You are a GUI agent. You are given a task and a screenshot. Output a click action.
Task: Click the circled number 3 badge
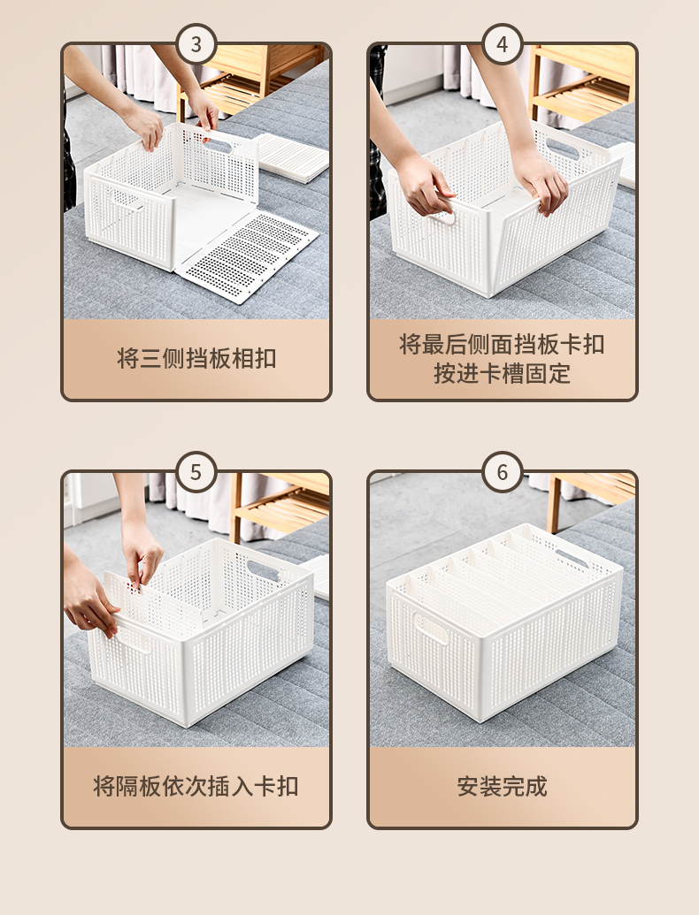point(196,44)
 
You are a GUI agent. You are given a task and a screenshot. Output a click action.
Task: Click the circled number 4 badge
point(503,44)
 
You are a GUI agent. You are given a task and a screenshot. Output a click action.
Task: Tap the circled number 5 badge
point(196,472)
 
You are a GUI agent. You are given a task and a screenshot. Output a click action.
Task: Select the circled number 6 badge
point(503,472)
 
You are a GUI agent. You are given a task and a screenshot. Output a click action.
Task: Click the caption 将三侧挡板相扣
point(196,358)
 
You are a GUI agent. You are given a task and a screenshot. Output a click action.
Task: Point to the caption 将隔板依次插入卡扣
point(196,786)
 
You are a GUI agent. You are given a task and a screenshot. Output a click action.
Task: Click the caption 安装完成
point(503,786)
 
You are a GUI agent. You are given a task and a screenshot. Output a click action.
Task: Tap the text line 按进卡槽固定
point(503,373)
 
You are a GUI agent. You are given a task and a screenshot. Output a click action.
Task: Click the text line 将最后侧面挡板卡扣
point(503,344)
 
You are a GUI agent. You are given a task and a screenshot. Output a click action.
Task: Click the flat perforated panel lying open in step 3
point(248,256)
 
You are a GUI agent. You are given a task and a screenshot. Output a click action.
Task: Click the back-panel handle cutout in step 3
point(218,144)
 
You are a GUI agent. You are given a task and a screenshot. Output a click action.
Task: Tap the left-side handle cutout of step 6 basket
point(430,628)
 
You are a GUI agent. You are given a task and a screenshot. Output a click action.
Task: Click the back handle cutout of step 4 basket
point(562,149)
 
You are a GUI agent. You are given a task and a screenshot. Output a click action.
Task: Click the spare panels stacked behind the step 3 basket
point(292,156)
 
